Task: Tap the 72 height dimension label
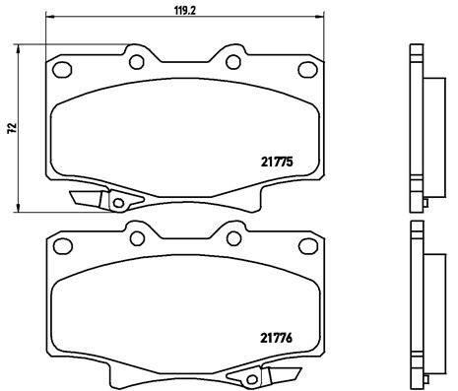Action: (11, 128)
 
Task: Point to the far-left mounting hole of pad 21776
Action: (61, 246)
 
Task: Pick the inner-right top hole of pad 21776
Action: (233, 239)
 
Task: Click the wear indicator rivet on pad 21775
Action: (117, 204)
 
